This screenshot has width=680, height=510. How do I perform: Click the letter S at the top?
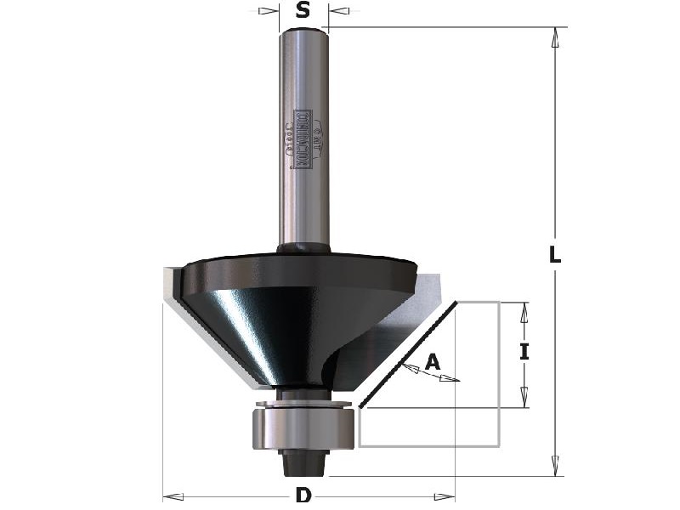pyautogui.click(x=303, y=11)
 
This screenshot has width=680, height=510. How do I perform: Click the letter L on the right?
pyautogui.click(x=554, y=254)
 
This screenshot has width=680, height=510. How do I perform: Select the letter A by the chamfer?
pyautogui.click(x=433, y=362)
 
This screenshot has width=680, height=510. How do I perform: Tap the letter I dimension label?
pyautogui.click(x=524, y=351)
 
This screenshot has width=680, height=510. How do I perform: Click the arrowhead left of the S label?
pyautogui.click(x=269, y=11)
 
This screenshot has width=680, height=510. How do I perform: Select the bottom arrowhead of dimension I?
pyautogui.click(x=524, y=397)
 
